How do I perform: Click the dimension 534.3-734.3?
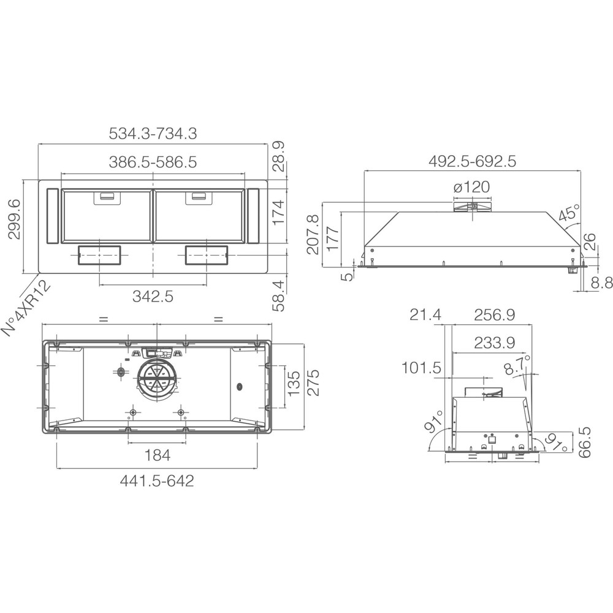tap(153, 134)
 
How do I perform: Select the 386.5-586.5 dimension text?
tap(153, 162)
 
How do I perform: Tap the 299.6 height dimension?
tap(15, 219)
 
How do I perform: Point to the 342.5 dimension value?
tap(153, 296)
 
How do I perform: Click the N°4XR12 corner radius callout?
tap(26, 308)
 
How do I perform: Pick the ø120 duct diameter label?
tap(471, 187)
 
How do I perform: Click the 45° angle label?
tap(569, 213)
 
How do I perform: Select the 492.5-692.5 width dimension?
tap(472, 161)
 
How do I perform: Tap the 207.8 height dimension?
tap(313, 234)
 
